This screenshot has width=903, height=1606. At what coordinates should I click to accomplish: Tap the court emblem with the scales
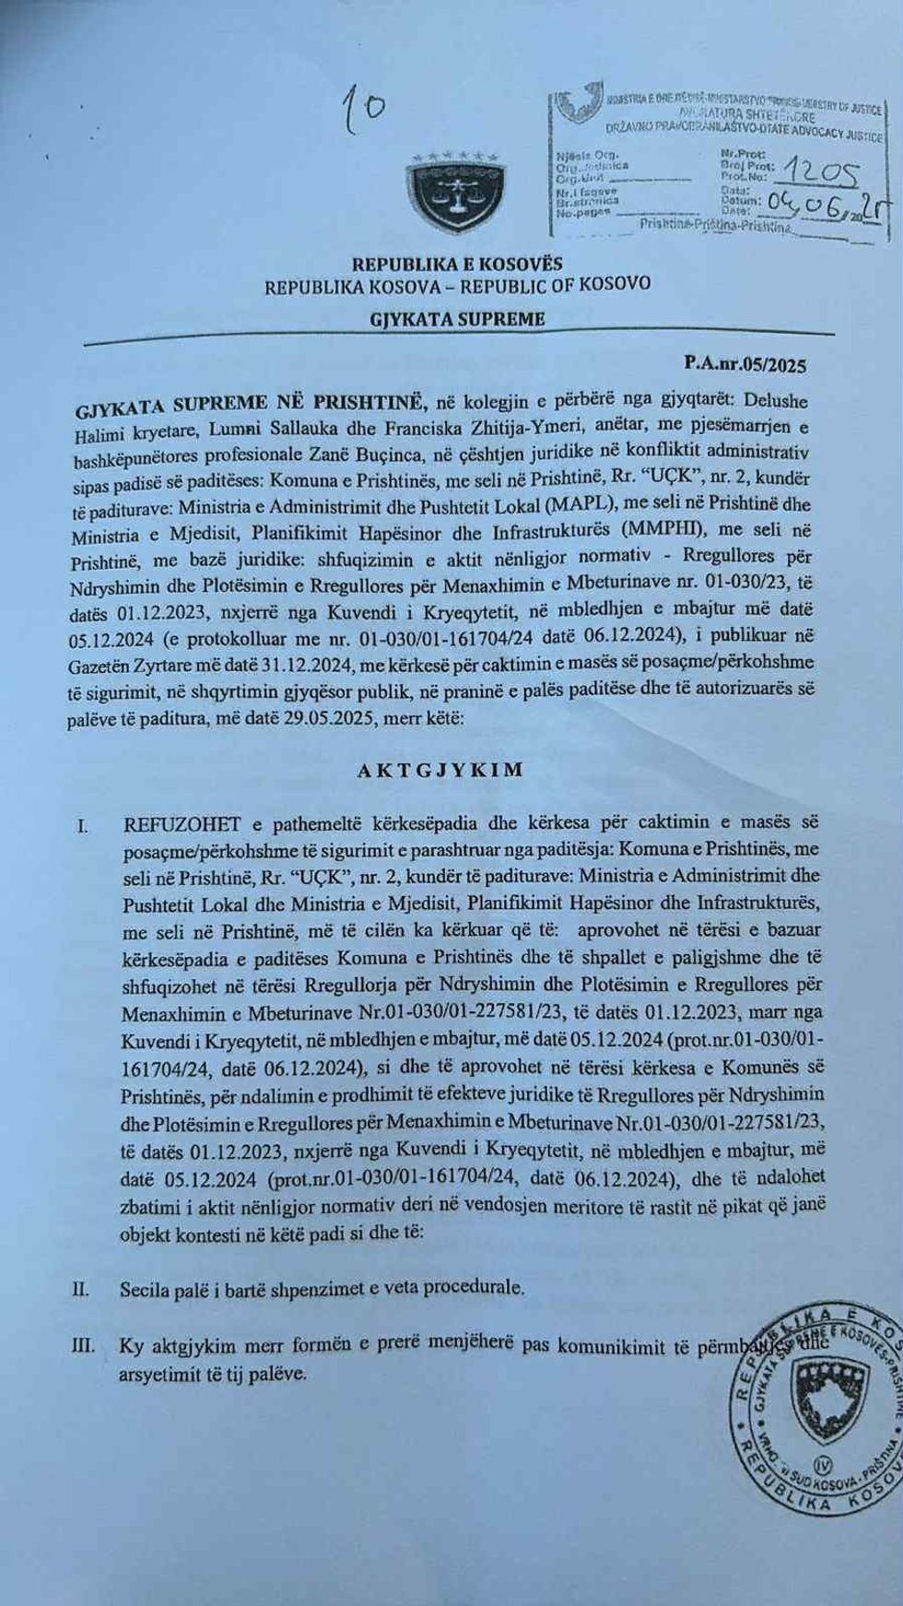point(449,193)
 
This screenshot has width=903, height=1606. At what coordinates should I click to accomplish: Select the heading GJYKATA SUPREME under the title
point(457,320)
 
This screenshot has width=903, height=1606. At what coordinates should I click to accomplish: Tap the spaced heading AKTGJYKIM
point(440,770)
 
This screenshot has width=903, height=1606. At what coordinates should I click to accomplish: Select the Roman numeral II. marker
point(81,1289)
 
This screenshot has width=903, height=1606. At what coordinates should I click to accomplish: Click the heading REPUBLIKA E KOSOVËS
point(457,265)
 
